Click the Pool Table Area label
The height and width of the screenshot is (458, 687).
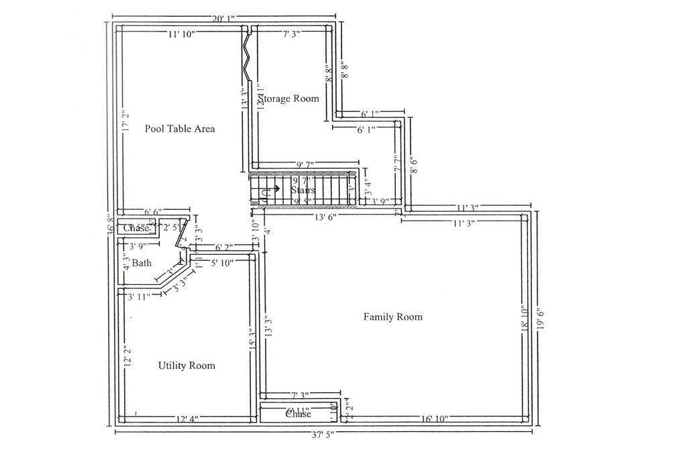coord(180,128)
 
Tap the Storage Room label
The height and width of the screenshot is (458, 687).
coord(289,99)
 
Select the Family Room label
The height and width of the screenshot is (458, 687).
coord(393,317)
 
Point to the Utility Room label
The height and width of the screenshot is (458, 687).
coord(187,365)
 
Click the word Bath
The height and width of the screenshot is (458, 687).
coord(141,263)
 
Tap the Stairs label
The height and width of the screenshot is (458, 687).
coord(303,190)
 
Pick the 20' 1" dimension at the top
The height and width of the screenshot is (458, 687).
coord(223,19)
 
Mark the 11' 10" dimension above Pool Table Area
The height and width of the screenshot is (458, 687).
coord(181,34)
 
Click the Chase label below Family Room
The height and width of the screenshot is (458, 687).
coord(298,414)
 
